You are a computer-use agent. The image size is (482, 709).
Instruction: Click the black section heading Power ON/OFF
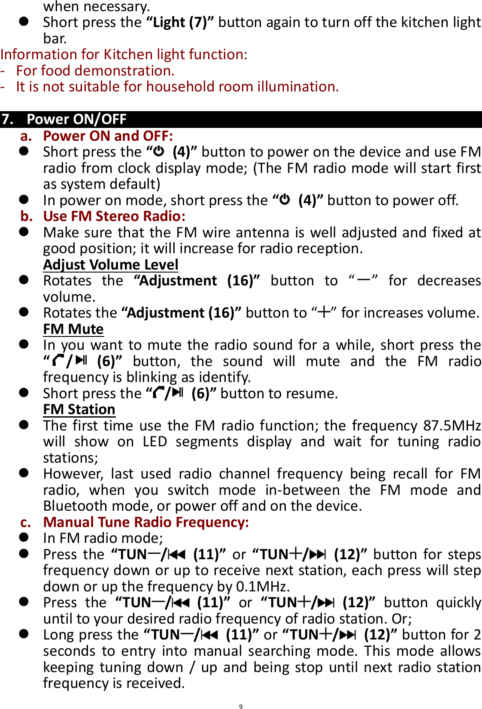point(76,119)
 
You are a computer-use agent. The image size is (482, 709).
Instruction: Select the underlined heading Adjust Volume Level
point(111,264)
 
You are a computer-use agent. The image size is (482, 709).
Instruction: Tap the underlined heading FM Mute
point(73,329)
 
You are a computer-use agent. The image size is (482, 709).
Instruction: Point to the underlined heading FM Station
point(79,409)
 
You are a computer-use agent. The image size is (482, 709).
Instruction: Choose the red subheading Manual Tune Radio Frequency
point(146,522)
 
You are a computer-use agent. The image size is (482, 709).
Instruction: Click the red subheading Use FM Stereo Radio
point(114,216)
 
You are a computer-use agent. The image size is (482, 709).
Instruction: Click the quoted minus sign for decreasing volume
point(364,280)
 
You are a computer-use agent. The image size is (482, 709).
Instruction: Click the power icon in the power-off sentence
point(285,200)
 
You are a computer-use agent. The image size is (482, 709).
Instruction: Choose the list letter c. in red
point(26,522)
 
